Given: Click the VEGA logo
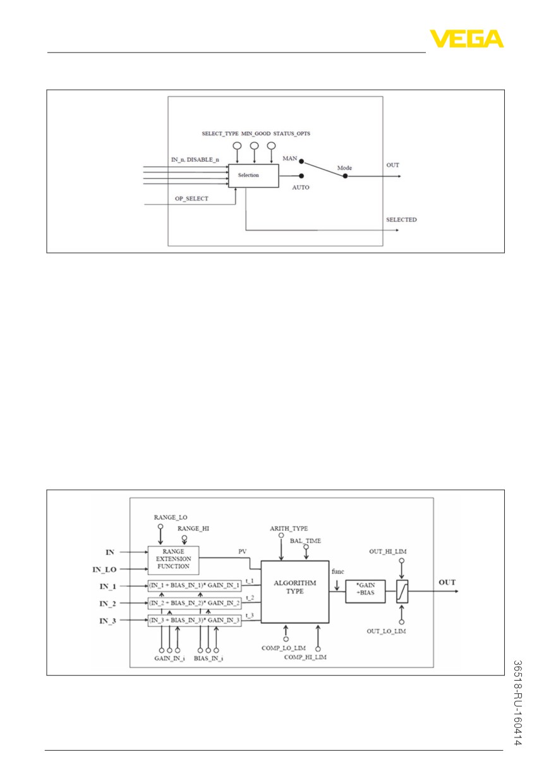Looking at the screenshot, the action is (466, 39).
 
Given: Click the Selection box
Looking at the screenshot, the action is (253, 176).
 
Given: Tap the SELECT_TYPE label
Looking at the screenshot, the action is (220, 133).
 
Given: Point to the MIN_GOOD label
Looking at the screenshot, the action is (255, 133).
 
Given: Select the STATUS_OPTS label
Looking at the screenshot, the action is (291, 133).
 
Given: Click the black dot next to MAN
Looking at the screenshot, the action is (301, 162).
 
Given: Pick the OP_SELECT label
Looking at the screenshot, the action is (191, 198).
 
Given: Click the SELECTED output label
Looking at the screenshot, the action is (401, 219).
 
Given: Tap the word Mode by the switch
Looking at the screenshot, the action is (344, 168).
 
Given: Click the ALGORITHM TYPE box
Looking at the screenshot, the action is (294, 592).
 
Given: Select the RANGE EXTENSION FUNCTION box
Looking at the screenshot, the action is (173, 561).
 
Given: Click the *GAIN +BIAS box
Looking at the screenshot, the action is (365, 592).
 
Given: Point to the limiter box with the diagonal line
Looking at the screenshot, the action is (402, 592).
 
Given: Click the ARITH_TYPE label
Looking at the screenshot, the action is (289, 528).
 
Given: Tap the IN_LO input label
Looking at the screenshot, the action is (104, 569).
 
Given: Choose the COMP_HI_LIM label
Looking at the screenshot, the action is (305, 657).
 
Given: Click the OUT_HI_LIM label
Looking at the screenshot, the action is (388, 552).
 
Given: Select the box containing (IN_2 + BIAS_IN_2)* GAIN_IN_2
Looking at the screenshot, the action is (195, 603).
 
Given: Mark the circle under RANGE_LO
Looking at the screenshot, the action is (160, 526).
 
